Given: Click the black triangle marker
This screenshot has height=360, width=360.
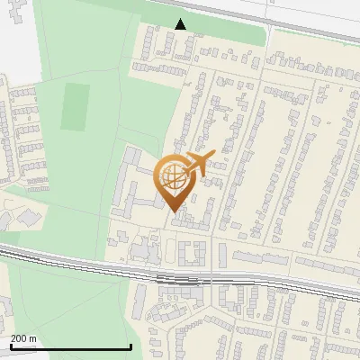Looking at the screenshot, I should click(181, 24).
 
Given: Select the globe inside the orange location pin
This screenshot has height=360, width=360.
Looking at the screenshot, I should click(171, 175).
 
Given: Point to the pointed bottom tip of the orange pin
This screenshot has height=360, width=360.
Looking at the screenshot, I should click(173, 210).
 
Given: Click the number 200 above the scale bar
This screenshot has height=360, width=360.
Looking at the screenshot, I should click(20, 338).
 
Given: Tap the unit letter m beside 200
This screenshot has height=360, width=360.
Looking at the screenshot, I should click(34, 338).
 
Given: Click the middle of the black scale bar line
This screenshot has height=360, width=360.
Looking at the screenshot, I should click(70, 346).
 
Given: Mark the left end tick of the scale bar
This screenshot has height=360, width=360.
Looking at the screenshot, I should click(10, 346).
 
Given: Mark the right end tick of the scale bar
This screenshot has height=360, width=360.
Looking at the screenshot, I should click(131, 346).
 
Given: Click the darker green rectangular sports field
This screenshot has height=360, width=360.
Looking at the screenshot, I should click(76, 107).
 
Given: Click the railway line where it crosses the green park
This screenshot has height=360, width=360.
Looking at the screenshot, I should click(54, 258).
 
